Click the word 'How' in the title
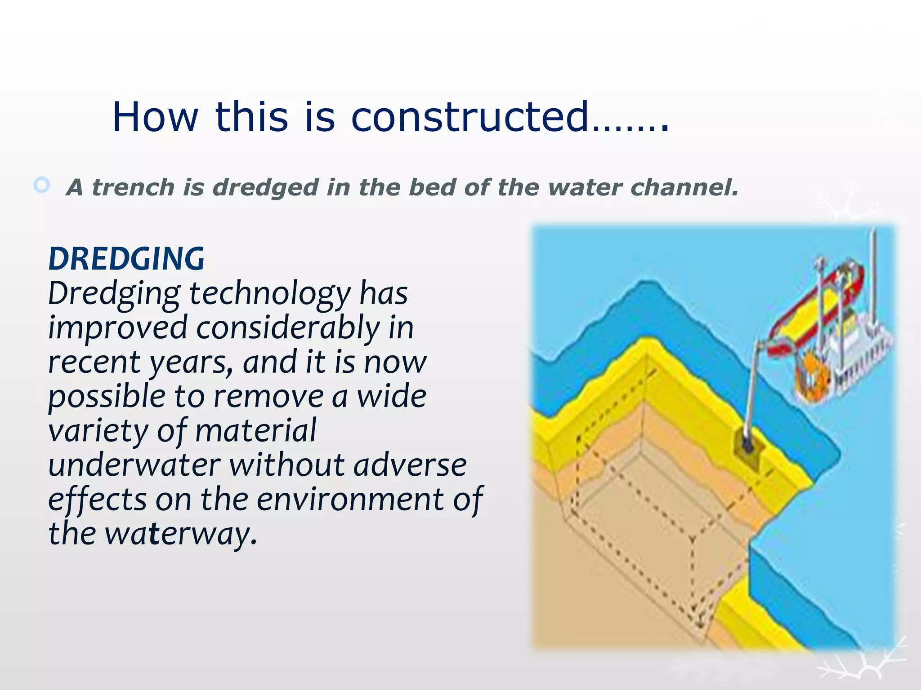pyautogui.click(x=155, y=117)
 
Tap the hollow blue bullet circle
pyautogui.click(x=42, y=185)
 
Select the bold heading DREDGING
pyautogui.click(x=126, y=259)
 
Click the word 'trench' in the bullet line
pyautogui.click(x=133, y=187)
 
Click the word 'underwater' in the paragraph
pyautogui.click(x=134, y=465)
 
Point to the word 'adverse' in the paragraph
pyautogui.click(x=410, y=465)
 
